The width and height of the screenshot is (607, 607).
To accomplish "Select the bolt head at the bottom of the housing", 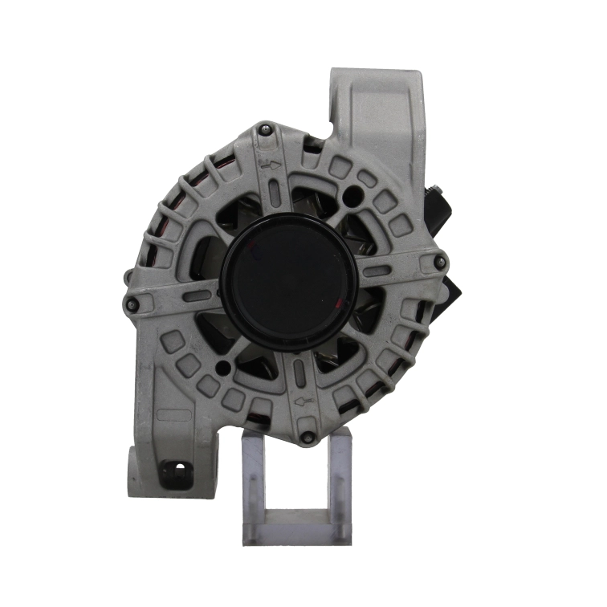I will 308,438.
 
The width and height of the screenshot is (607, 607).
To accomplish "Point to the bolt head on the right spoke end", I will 438,259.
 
